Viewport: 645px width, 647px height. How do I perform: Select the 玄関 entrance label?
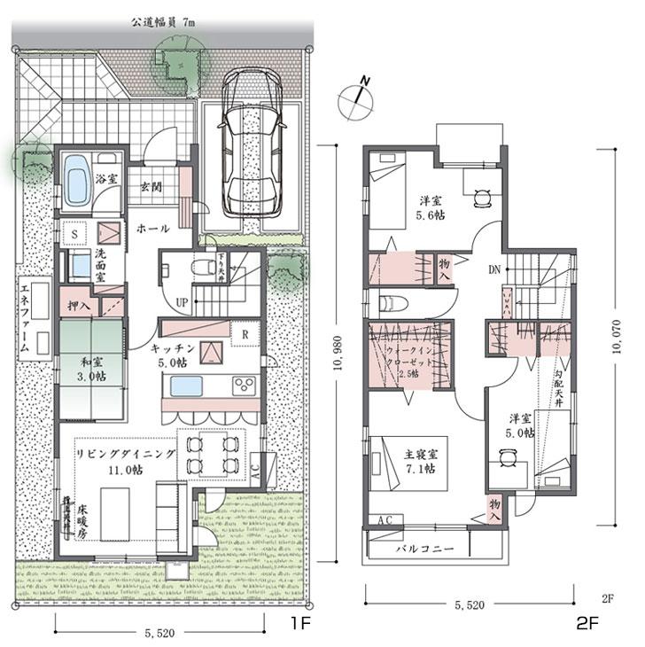point(153,188)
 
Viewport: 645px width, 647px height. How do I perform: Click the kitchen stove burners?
point(242,386)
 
